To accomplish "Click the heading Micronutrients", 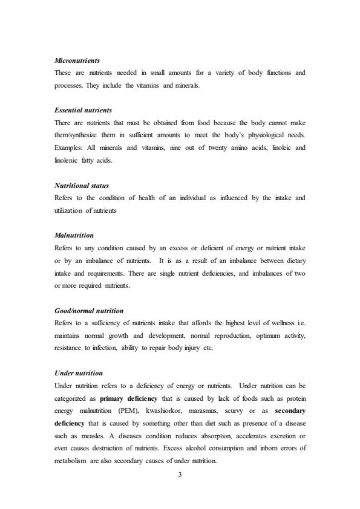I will tap(77, 61).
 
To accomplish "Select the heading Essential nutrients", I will tap(83, 111).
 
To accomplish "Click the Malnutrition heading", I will tap(74, 235).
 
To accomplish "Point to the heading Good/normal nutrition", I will tap(89, 311).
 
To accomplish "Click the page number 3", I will tap(180, 475).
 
